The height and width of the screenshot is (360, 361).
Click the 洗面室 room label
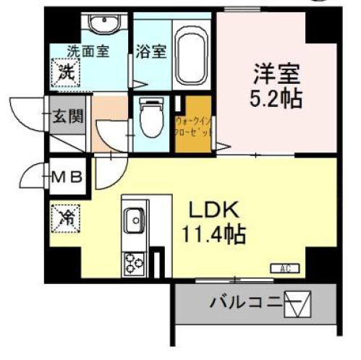pyautogui.click(x=88, y=51)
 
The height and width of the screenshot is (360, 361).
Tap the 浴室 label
pyautogui.click(x=150, y=51)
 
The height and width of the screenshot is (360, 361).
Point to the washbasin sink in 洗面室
pyautogui.click(x=106, y=25)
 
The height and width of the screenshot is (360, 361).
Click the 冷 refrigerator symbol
pyautogui.click(x=65, y=215)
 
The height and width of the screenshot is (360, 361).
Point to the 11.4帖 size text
pyautogui.click(x=215, y=234)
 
